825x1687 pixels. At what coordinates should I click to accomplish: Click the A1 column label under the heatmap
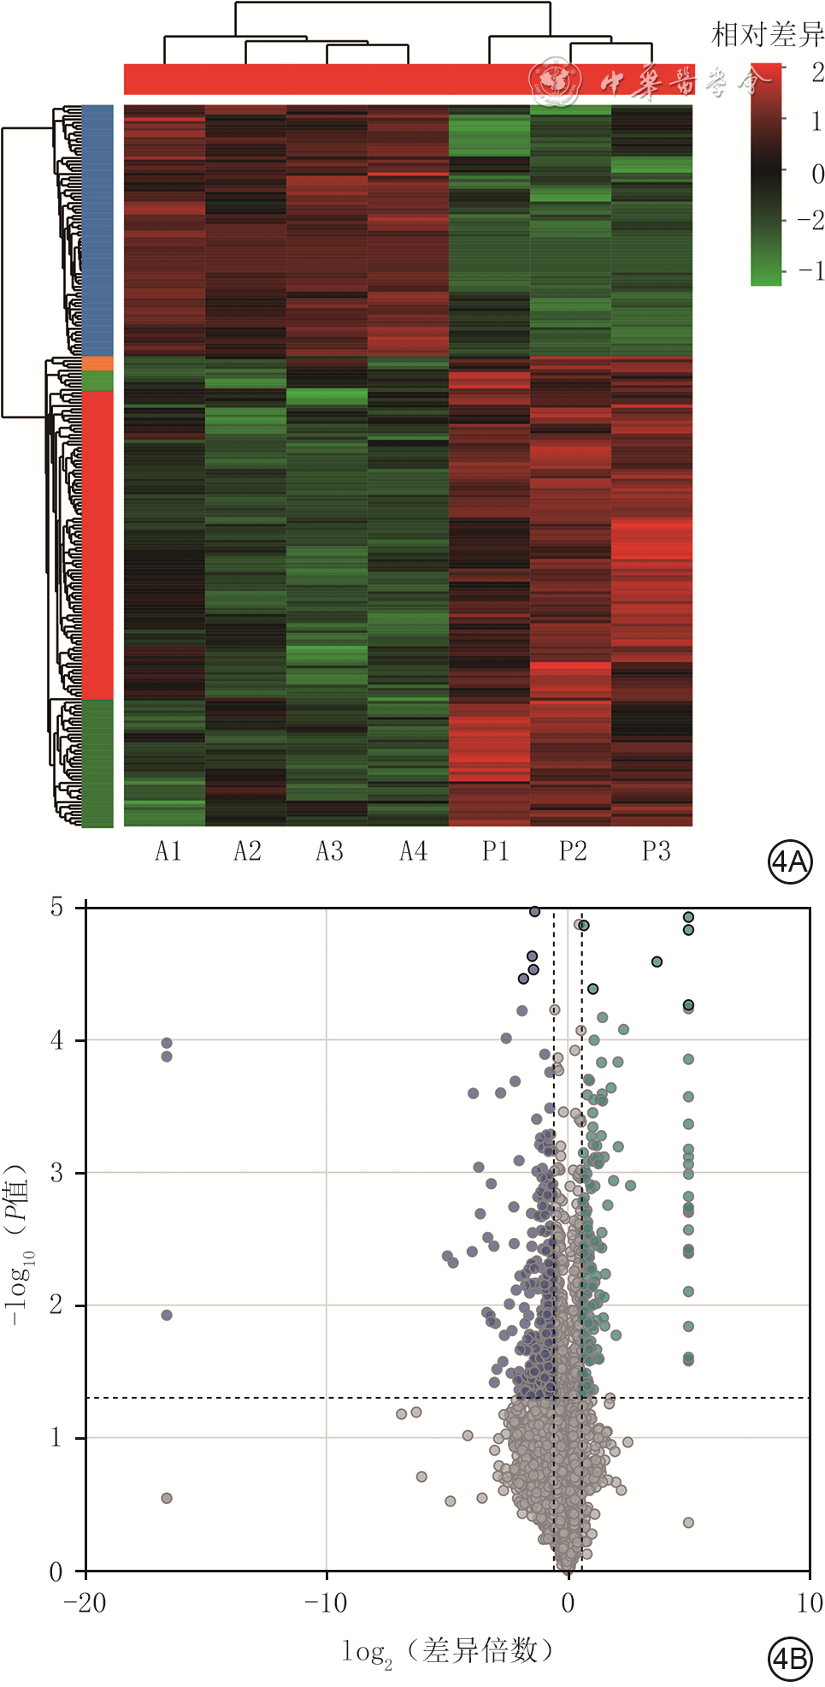click(168, 851)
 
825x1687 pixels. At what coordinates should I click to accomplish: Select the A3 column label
click(329, 851)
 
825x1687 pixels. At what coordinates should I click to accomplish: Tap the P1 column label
click(495, 851)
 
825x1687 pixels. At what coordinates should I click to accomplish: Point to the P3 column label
click(656, 851)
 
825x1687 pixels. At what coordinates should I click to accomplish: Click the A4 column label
click(413, 851)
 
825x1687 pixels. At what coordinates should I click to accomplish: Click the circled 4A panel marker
click(789, 861)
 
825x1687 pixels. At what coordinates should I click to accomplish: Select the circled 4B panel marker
click(789, 1659)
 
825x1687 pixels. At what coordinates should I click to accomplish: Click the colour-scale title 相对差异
click(767, 34)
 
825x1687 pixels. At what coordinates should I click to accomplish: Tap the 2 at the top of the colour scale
click(816, 73)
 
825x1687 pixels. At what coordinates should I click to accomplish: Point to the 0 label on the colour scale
click(816, 174)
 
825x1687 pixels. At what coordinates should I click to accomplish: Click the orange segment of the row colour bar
click(97, 364)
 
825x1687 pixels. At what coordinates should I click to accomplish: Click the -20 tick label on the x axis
click(85, 1602)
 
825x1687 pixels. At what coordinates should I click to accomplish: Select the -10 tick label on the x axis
click(326, 1602)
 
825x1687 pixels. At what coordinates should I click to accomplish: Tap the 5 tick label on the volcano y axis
click(56, 907)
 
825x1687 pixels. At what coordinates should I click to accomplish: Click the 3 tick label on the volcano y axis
click(56, 1172)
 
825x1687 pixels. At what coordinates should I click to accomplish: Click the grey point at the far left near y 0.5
click(167, 1498)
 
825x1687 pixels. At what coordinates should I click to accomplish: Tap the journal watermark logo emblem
click(555, 83)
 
